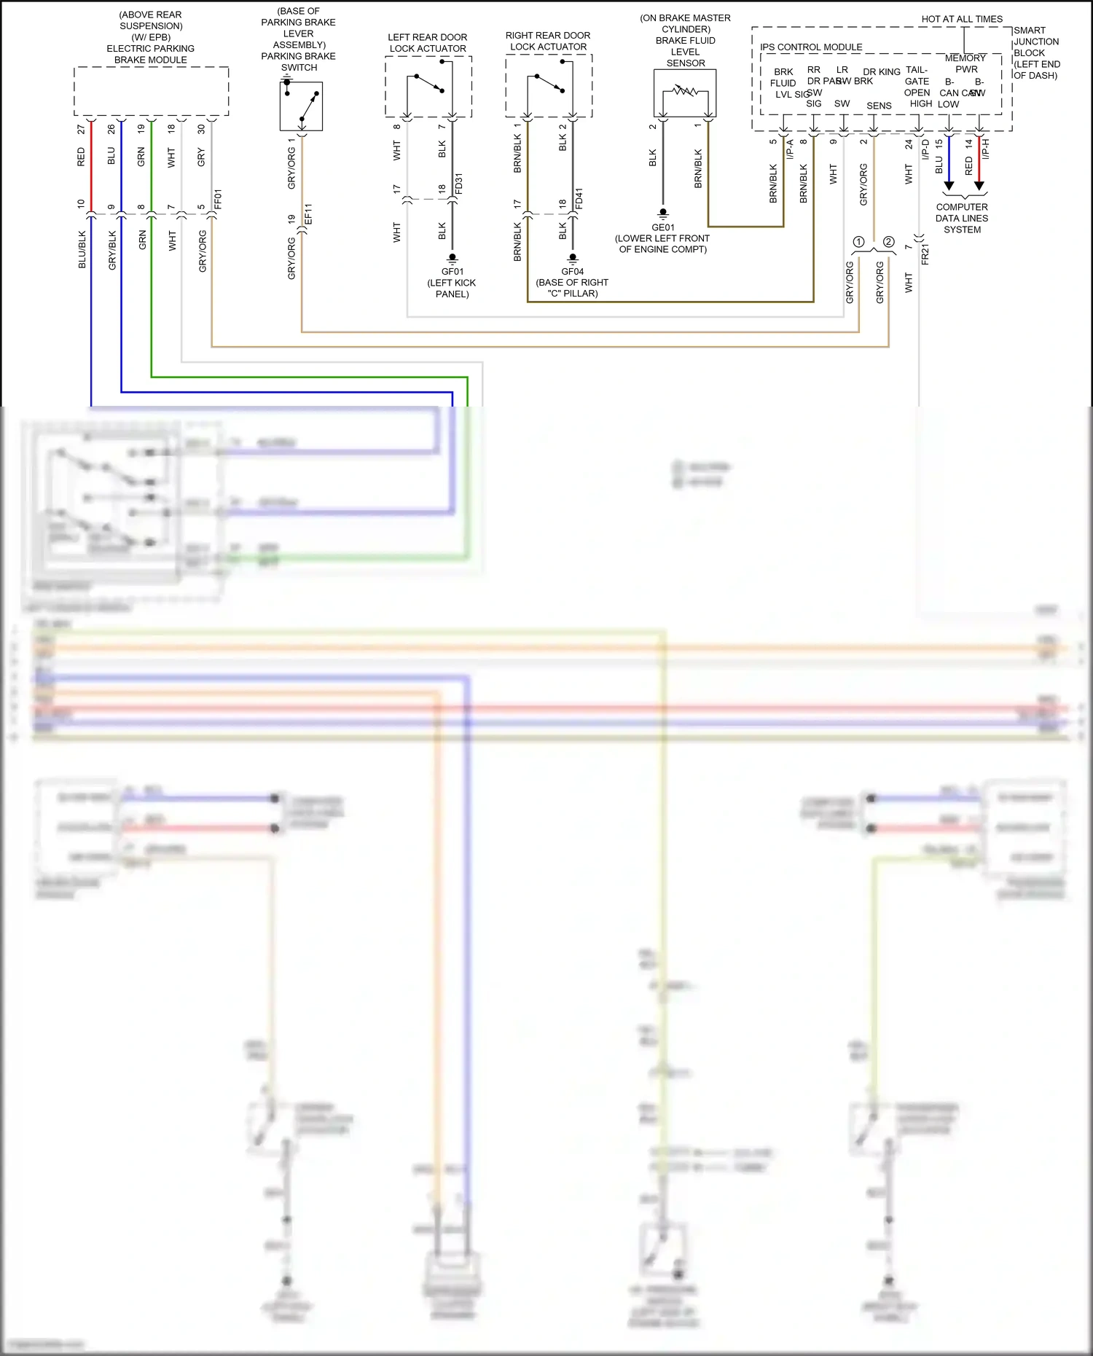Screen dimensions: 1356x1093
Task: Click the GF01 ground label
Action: coord(452,272)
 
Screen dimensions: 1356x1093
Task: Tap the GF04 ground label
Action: coord(572,272)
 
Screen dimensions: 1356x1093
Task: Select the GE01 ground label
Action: coord(662,227)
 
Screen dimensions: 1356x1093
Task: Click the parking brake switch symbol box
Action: coord(301,106)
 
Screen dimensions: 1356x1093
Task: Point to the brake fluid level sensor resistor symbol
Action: coord(685,91)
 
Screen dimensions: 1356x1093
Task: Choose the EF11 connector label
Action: coord(308,213)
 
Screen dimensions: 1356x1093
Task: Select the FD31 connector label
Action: coord(459,184)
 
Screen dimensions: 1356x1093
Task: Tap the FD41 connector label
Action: coord(579,199)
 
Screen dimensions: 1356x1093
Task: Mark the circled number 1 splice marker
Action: coord(858,242)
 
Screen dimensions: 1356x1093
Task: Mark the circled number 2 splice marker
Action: coord(888,242)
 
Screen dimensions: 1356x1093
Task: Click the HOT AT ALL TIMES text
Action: coord(962,19)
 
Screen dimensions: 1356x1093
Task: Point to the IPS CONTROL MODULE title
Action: coord(811,47)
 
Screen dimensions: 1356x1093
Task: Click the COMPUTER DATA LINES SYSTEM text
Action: coord(962,218)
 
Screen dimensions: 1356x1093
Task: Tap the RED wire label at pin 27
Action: coord(81,157)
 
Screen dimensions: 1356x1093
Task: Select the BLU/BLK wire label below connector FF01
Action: coord(82,250)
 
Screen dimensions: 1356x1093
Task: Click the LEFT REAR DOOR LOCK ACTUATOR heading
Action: coord(428,42)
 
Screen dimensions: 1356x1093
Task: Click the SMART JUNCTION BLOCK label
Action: coord(1035,52)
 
